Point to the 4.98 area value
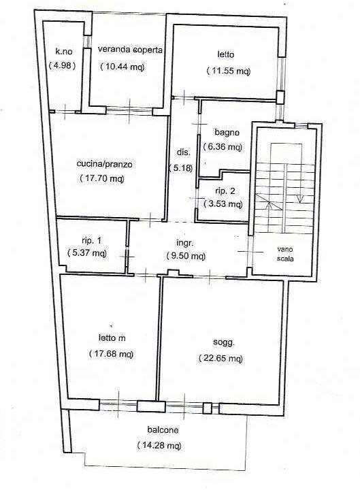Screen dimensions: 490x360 (61, 66)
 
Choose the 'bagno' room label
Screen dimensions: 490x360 (225, 133)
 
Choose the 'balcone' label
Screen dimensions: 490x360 (162, 430)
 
